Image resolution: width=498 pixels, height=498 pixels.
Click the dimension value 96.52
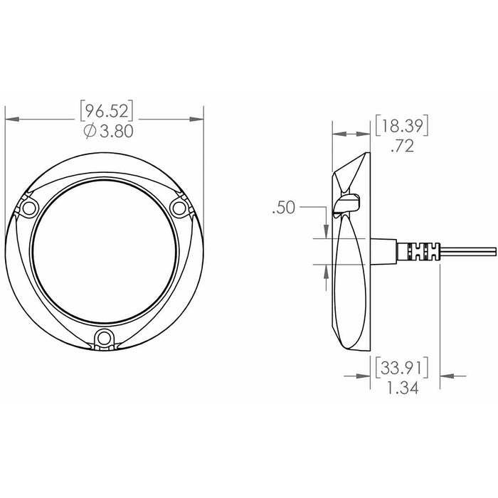[x=107, y=111]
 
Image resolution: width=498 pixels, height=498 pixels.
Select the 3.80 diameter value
[x=117, y=131]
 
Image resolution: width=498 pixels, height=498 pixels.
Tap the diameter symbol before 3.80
[x=90, y=132]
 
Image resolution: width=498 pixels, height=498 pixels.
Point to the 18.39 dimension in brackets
[x=402, y=126]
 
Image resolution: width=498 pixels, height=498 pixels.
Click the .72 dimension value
[x=403, y=146]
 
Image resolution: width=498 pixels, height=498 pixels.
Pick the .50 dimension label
[x=284, y=208]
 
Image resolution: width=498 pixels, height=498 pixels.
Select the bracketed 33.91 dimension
[x=402, y=368]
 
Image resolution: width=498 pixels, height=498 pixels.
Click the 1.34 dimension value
[x=403, y=388]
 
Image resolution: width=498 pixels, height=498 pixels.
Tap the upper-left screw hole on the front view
[x=29, y=208]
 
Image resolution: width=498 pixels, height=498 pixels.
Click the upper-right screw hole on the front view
[x=179, y=208]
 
